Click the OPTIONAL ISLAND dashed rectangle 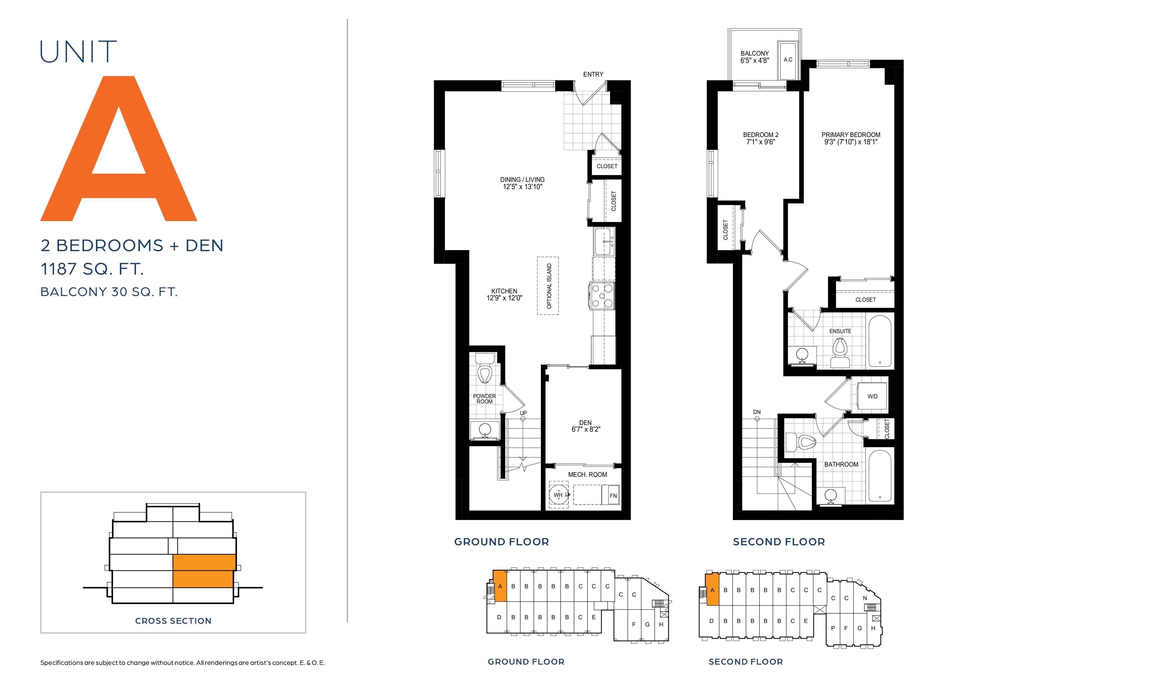(548, 286)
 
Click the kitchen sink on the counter (604, 241)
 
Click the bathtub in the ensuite (880, 341)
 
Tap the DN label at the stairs (756, 412)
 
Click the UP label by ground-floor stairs (523, 413)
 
